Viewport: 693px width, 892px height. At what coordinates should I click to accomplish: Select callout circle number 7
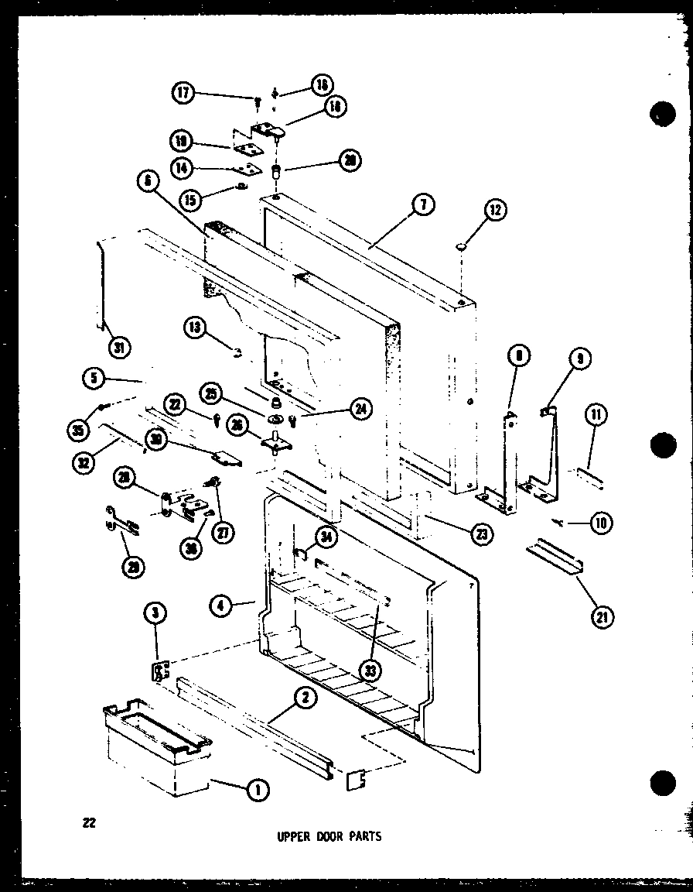coord(424,204)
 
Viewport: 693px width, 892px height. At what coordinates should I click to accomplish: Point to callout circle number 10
coord(599,523)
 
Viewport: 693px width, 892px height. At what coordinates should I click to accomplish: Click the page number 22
coord(89,823)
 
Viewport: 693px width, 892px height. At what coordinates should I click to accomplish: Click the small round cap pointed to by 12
coord(461,246)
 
